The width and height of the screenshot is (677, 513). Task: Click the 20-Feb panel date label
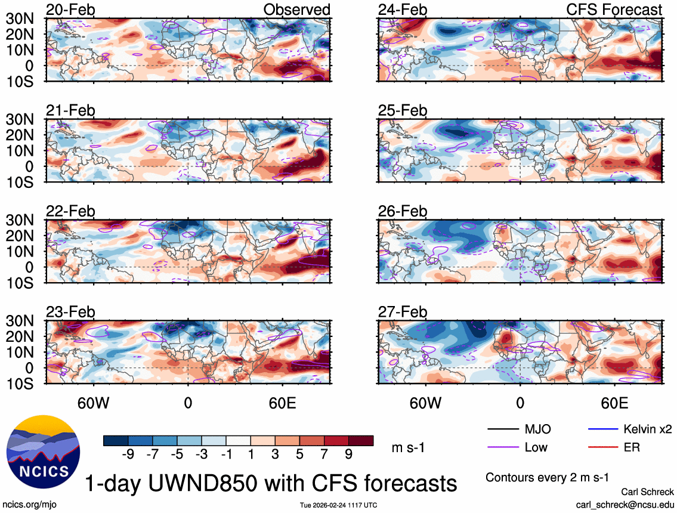coord(70,10)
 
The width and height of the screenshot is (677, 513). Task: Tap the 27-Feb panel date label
coord(403,311)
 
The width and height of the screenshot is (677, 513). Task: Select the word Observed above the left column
coord(297,10)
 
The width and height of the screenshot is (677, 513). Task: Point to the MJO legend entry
coord(537,429)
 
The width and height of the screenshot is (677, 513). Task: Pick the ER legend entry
coord(631,447)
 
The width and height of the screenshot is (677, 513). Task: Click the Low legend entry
coord(536,447)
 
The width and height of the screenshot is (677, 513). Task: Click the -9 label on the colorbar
coord(126,455)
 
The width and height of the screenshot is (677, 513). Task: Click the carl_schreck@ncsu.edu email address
coord(625,504)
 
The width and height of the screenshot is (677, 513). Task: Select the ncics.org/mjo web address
coord(29,505)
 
